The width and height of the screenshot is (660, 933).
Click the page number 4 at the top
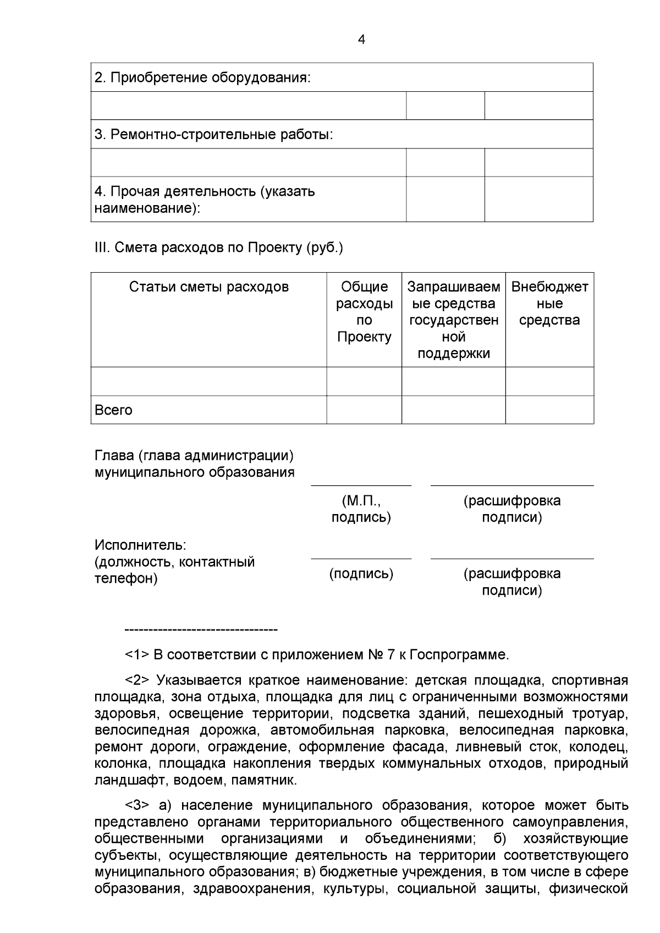tap(361, 40)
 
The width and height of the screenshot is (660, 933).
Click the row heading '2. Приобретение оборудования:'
tap(202, 78)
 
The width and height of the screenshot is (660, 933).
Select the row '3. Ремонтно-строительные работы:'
tap(213, 135)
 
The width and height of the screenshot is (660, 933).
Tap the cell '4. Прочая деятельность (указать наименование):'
tap(205, 200)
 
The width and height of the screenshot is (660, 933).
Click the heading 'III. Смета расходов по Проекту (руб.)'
tap(219, 248)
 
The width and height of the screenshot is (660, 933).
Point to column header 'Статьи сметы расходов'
tap(208, 287)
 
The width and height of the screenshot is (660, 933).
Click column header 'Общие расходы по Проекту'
tap(364, 312)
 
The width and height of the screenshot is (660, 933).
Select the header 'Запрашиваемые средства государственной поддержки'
tap(453, 320)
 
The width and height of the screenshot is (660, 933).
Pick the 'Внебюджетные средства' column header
tap(549, 303)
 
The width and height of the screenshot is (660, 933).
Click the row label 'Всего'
tap(114, 410)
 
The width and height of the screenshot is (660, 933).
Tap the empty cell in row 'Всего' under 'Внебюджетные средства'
tap(549, 410)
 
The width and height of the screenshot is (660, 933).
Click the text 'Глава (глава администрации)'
tap(194, 456)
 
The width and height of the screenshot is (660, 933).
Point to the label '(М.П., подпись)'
tap(361, 509)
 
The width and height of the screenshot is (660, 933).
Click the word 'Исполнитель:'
tap(141, 545)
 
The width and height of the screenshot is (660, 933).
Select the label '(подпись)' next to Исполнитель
tap(361, 574)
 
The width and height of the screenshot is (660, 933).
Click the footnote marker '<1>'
tap(137, 655)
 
